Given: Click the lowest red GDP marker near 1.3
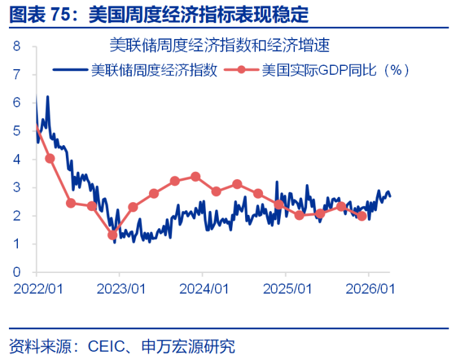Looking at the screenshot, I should [113, 235].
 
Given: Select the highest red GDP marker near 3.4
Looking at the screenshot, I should [196, 176].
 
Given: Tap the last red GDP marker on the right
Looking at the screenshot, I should [362, 216].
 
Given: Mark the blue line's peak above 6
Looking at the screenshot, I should [47, 97].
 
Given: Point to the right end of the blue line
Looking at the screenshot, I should [390, 196].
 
